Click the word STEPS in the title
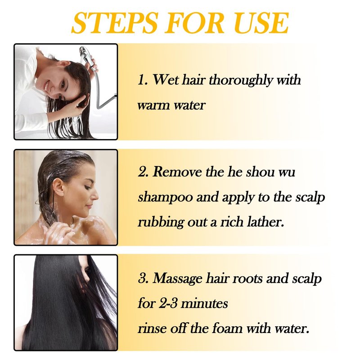point(115,23)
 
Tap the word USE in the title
point(262,23)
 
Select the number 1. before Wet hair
point(143,81)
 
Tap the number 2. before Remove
point(144,172)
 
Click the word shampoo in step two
point(165,198)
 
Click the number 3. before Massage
point(144,278)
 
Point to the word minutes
point(204,304)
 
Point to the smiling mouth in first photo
point(47,85)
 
